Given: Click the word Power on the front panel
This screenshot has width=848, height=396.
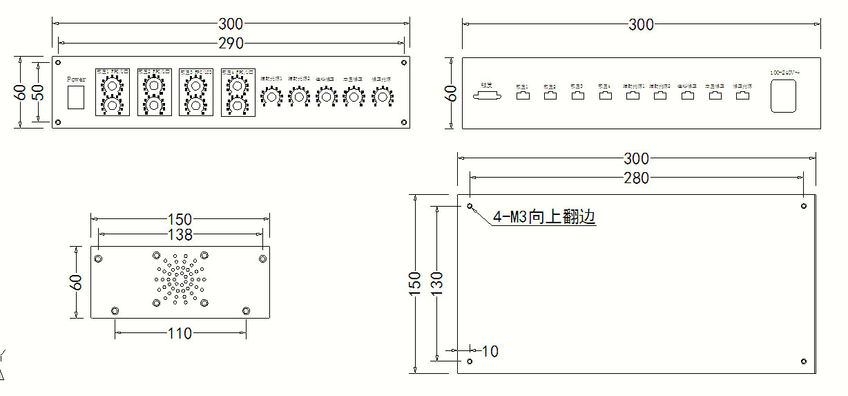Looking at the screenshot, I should [77, 79].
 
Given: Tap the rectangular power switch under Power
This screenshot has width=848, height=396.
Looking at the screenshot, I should [77, 97].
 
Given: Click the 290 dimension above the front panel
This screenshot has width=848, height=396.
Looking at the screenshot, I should [231, 43].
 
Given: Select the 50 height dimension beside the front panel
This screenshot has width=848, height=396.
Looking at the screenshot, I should [40, 92].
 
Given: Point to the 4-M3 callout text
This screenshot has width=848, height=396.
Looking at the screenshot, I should [543, 217].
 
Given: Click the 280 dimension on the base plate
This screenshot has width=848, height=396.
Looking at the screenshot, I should [636, 178].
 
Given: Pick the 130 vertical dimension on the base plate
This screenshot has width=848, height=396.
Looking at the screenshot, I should [436, 281].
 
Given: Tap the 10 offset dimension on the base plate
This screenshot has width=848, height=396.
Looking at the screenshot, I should [490, 352].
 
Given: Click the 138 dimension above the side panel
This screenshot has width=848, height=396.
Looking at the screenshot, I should [180, 235].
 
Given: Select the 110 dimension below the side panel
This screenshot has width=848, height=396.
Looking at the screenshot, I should [180, 334].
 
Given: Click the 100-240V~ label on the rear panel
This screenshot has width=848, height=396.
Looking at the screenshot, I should [784, 73].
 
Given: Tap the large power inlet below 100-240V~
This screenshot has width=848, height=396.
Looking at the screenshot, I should [784, 96].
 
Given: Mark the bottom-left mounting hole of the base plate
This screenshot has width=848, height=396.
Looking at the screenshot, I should [470, 361].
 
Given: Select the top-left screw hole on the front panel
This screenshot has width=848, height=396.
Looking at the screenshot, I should [58, 62].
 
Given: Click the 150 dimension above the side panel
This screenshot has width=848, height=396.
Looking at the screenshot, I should [180, 220].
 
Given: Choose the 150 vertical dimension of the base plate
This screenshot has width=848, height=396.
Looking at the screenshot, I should [414, 281].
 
